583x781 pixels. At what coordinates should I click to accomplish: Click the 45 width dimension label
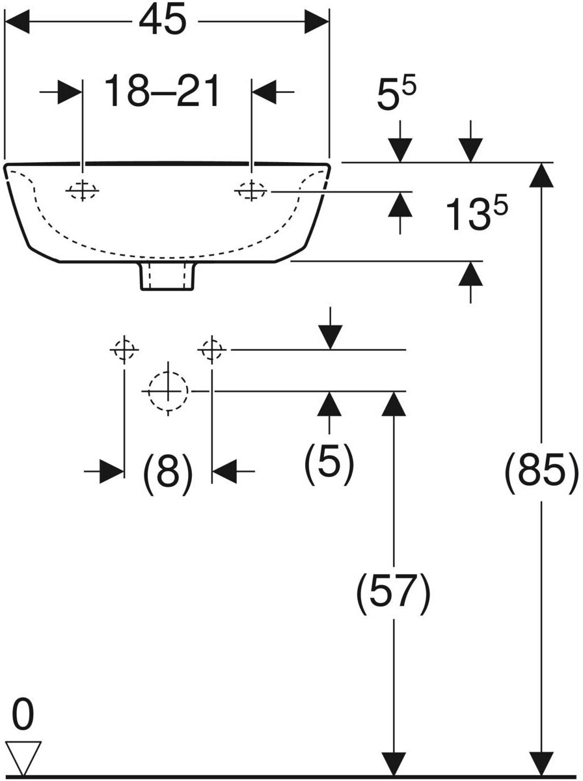(x=163, y=22)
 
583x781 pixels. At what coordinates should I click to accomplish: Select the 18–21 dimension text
(x=163, y=92)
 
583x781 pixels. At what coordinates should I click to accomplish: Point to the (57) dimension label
(x=393, y=593)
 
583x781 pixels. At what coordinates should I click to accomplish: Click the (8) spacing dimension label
(x=168, y=472)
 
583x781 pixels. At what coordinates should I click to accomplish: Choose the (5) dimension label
(x=329, y=463)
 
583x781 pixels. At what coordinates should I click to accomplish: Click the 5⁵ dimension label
(x=396, y=96)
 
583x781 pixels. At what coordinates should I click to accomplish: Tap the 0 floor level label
(x=23, y=715)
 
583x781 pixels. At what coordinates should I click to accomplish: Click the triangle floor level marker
(x=23, y=757)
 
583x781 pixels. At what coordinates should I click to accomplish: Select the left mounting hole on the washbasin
(x=82, y=191)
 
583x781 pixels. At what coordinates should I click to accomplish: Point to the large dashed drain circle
(x=168, y=391)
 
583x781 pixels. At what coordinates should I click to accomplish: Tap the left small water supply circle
(x=124, y=350)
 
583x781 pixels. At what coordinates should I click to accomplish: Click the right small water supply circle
(x=212, y=350)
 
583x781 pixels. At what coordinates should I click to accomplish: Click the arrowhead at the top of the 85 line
(x=541, y=174)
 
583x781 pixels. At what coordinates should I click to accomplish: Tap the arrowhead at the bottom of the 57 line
(x=393, y=763)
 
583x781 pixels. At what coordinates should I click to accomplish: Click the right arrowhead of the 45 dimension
(x=317, y=22)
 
